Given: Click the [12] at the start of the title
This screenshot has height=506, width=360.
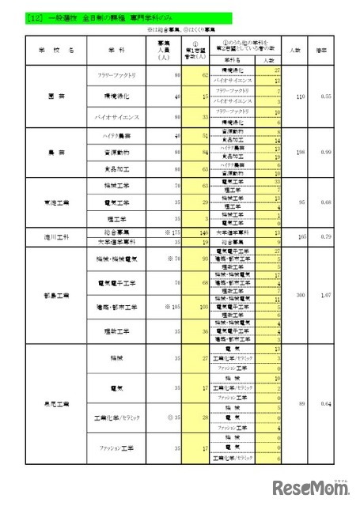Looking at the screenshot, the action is pos(34,15).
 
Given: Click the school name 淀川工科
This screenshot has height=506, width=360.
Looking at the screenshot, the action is pos(55,236).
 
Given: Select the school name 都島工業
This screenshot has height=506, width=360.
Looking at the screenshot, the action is pos(55,293).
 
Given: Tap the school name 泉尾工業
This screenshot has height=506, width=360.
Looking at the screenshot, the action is pos(55,405).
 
